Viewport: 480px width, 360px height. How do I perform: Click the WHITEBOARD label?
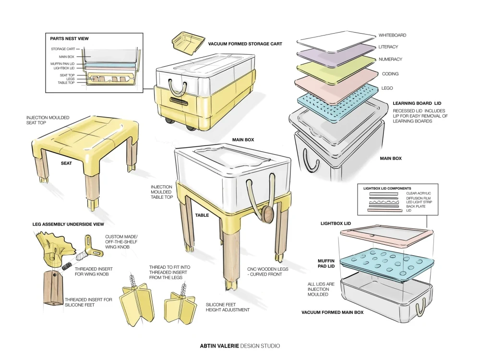392,35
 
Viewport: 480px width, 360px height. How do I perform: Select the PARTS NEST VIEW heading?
69,38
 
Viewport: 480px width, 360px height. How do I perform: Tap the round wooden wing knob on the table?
267,214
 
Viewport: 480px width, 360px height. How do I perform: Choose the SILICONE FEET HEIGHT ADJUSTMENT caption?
228,307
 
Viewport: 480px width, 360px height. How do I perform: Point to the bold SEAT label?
66,163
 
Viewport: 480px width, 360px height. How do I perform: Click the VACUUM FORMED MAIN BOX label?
332,312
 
